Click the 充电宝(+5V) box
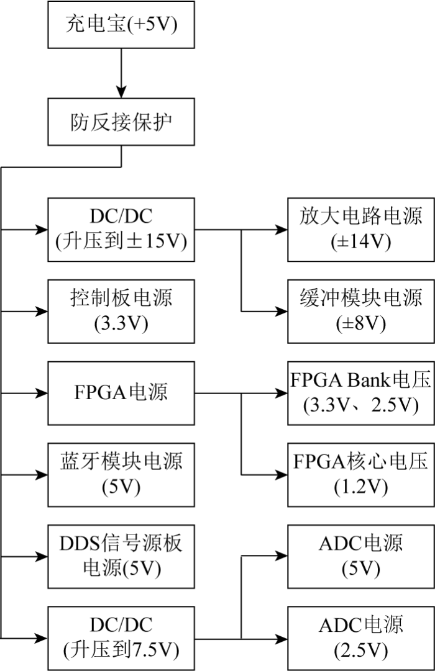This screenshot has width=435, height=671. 121,25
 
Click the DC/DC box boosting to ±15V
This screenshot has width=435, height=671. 121,228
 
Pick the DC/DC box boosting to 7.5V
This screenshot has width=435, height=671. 121,637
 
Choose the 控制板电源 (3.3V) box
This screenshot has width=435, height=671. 121,310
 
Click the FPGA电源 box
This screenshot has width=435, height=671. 121,392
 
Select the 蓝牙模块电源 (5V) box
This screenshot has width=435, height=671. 121,474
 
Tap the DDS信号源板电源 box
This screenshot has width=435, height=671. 121,556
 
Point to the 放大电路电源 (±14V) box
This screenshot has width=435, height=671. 360,228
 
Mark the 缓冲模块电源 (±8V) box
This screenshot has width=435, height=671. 360,310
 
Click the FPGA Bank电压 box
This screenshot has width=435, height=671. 360,392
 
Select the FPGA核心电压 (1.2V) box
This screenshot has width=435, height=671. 360,474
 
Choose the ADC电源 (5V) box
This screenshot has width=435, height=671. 360,556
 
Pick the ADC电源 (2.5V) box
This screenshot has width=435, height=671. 360,637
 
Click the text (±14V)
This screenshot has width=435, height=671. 360,241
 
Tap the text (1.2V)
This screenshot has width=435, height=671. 360,487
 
